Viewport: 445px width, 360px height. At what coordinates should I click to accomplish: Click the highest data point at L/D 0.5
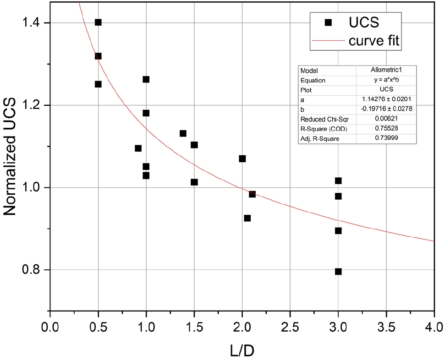point(98,22)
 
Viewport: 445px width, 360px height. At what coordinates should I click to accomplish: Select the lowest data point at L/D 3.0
point(338,272)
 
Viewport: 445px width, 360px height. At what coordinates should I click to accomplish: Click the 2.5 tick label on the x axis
point(290,327)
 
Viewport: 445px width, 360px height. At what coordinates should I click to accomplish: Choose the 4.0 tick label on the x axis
point(434,327)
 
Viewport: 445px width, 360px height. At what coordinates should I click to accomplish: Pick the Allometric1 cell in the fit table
point(387,71)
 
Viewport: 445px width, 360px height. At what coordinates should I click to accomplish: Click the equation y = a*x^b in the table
point(387,80)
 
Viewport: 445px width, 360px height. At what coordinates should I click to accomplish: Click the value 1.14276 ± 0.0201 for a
point(387,99)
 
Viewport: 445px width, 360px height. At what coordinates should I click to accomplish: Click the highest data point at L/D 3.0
point(338,181)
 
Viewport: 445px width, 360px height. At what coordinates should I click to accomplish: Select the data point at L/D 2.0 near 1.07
point(242,159)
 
